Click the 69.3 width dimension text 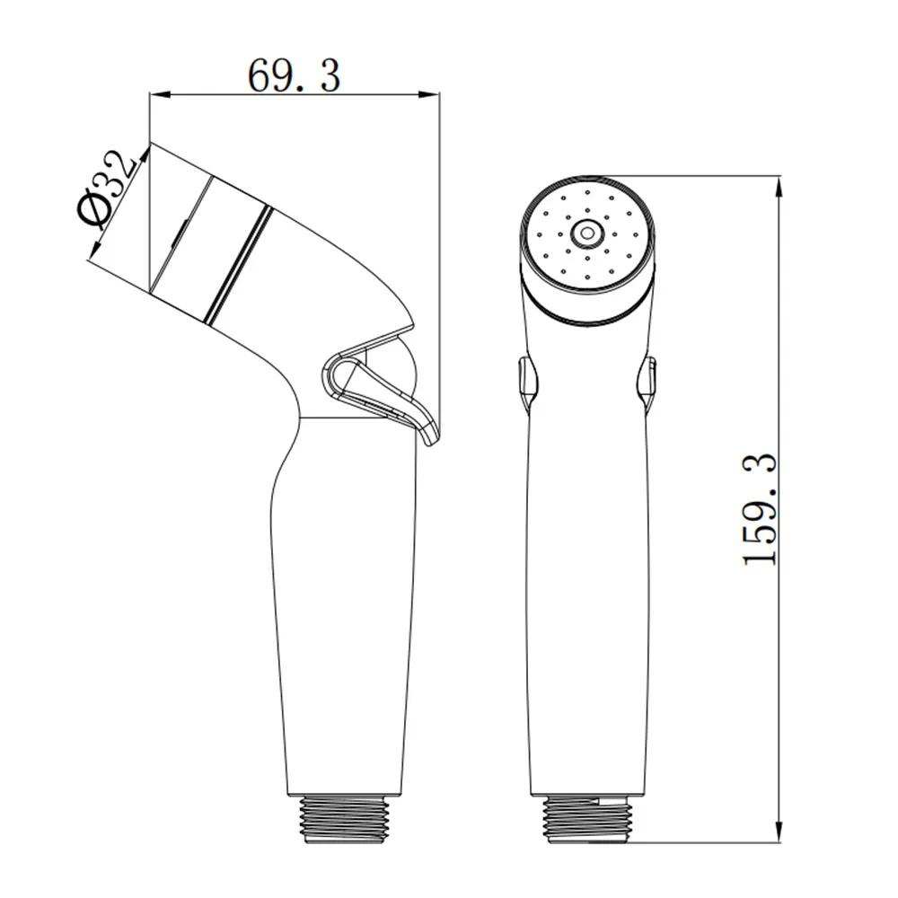click(294, 75)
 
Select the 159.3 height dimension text click(760, 509)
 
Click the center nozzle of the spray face click(587, 233)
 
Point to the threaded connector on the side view click(346, 819)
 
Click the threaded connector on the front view click(587, 819)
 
